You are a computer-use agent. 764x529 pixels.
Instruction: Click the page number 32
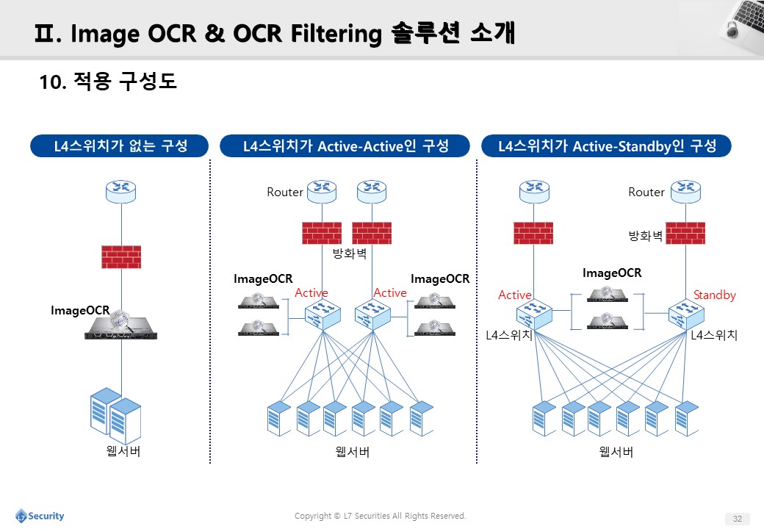click(738, 518)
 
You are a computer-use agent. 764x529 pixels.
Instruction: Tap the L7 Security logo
click(40, 516)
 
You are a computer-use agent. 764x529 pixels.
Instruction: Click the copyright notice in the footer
click(380, 516)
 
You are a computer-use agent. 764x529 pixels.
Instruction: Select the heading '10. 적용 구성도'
click(108, 82)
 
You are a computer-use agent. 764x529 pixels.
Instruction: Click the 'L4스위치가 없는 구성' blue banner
click(119, 145)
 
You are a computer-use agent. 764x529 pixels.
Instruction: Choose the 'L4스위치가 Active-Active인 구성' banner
click(345, 145)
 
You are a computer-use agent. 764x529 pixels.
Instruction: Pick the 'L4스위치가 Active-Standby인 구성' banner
click(606, 145)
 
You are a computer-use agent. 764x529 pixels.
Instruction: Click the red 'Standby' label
click(714, 295)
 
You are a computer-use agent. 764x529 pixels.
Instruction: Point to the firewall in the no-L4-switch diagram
click(121, 256)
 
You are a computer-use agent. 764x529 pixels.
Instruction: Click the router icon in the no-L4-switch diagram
click(120, 192)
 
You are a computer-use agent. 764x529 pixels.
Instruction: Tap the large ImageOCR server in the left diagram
click(120, 325)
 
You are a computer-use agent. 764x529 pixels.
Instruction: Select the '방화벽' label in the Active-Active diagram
click(350, 253)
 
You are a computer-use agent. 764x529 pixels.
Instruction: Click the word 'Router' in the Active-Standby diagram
click(646, 192)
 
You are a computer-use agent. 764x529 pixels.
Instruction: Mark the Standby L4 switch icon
click(686, 314)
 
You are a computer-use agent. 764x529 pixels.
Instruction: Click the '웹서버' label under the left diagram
click(123, 451)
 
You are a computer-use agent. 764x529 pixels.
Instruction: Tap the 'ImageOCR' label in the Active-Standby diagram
click(612, 273)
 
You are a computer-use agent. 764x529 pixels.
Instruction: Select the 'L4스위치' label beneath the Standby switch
click(714, 335)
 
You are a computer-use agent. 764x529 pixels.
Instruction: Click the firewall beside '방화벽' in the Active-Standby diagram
click(685, 233)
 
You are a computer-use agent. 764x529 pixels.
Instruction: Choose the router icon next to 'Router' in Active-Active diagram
click(322, 192)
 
